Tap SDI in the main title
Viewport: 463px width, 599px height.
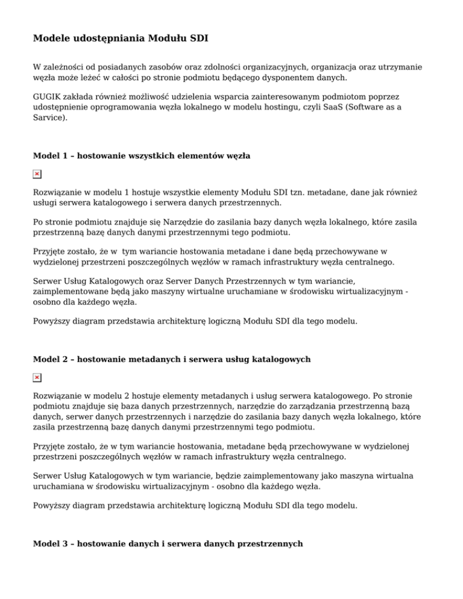198,39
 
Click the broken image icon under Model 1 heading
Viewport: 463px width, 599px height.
37,174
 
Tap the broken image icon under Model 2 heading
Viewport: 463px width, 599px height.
37,377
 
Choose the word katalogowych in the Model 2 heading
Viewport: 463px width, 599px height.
282,359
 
